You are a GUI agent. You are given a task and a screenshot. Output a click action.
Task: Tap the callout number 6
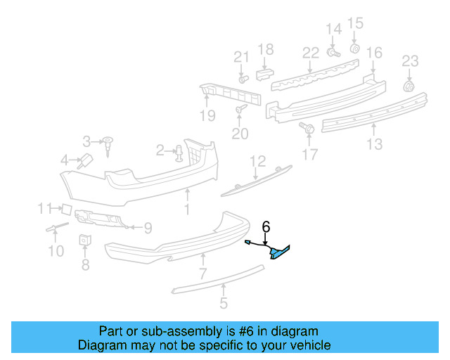[x=266, y=226]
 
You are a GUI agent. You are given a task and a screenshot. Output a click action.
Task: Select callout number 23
[x=410, y=61]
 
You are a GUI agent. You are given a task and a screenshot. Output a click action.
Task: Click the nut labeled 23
[x=408, y=86]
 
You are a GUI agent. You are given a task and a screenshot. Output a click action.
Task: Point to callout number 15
[x=355, y=23]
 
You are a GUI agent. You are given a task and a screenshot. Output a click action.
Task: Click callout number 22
[x=311, y=53]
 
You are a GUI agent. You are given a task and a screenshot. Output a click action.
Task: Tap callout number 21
[x=241, y=57]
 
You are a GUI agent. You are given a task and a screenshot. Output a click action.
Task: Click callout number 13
[x=374, y=144]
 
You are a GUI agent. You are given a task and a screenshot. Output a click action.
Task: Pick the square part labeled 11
[x=64, y=208]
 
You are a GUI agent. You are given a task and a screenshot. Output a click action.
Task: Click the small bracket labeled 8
[x=84, y=240]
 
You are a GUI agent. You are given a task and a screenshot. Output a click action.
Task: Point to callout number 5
[x=224, y=304]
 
